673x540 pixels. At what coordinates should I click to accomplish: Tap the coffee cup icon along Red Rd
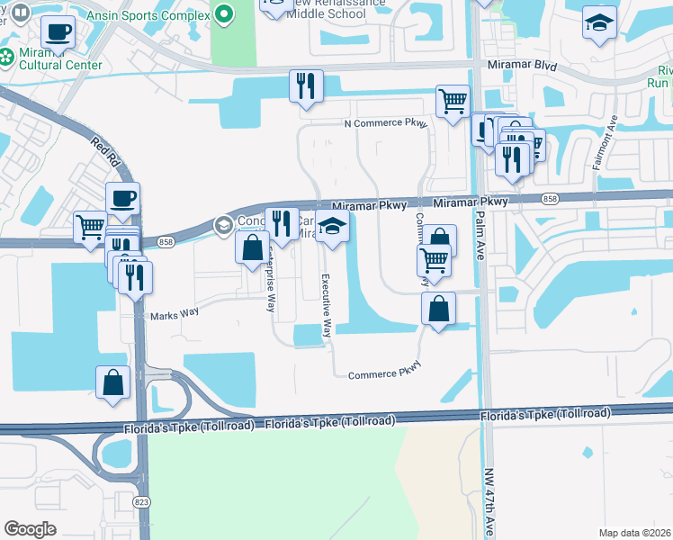122,199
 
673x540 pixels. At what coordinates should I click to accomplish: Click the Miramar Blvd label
522,67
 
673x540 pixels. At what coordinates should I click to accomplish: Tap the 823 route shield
141,501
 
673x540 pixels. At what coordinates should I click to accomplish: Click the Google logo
30,529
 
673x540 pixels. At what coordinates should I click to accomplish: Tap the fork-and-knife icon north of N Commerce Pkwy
306,86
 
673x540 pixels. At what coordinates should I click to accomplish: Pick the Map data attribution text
635,533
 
